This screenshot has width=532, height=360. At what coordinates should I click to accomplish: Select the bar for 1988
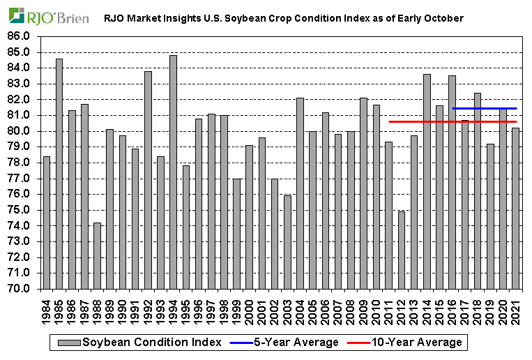(x=97, y=255)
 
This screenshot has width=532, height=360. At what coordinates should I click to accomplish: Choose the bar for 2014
(x=427, y=181)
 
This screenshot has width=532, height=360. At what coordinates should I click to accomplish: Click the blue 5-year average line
(x=484, y=108)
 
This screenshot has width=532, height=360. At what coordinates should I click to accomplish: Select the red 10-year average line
(x=418, y=121)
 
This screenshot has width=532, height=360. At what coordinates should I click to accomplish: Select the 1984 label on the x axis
(x=47, y=310)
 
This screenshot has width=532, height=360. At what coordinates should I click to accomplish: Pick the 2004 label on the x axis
(x=301, y=310)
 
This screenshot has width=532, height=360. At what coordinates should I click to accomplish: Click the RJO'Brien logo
(x=49, y=16)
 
